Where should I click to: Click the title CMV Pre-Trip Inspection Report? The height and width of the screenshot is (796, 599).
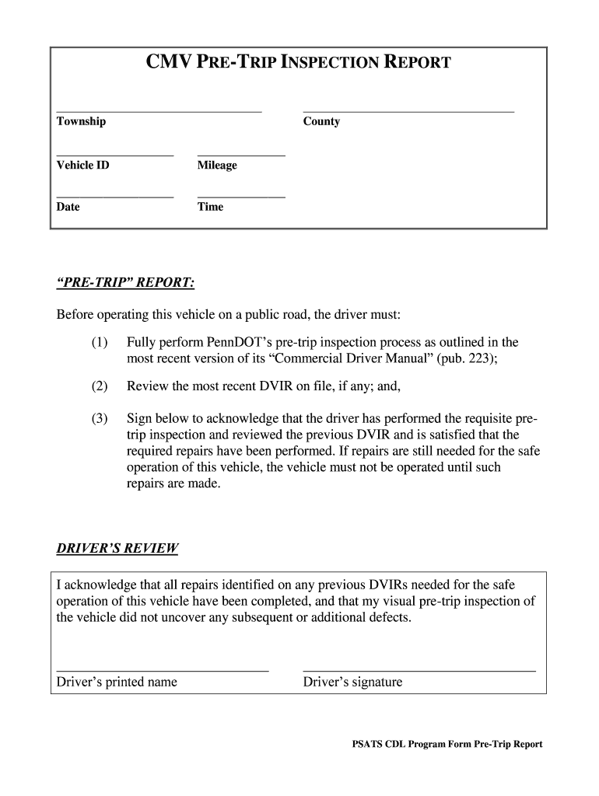[x=299, y=62]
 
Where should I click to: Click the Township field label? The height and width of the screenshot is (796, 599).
[x=81, y=121]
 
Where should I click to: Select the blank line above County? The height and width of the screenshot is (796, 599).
[x=408, y=112]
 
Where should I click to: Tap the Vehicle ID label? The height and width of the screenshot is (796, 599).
[x=82, y=166]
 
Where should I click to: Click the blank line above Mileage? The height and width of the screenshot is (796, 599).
[x=241, y=156]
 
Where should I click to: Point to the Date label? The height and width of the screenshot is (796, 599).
[x=68, y=207]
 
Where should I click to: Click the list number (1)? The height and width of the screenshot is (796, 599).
[x=99, y=342]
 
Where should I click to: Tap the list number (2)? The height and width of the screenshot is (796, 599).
[x=99, y=386]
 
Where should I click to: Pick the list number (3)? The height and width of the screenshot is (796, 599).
[x=99, y=419]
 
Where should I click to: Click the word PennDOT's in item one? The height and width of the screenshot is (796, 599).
[x=241, y=342]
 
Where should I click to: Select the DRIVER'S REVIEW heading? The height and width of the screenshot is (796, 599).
[x=117, y=549]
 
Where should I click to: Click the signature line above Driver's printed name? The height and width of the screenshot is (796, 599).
[x=163, y=669]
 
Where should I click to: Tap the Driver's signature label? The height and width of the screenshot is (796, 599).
[x=352, y=683]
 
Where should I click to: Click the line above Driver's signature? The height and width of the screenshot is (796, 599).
[x=419, y=669]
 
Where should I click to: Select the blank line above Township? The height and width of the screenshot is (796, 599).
[x=159, y=112]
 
